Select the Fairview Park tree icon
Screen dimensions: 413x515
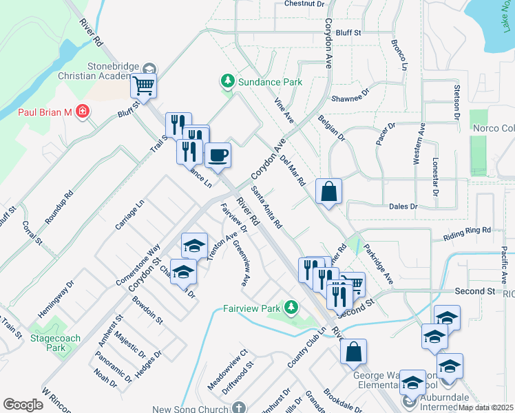pos(292,306)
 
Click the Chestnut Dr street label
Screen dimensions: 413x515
pos(304,4)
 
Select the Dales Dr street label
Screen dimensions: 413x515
pos(403,206)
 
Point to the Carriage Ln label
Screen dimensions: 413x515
pos(131,215)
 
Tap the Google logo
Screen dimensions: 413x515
pos(23,405)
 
